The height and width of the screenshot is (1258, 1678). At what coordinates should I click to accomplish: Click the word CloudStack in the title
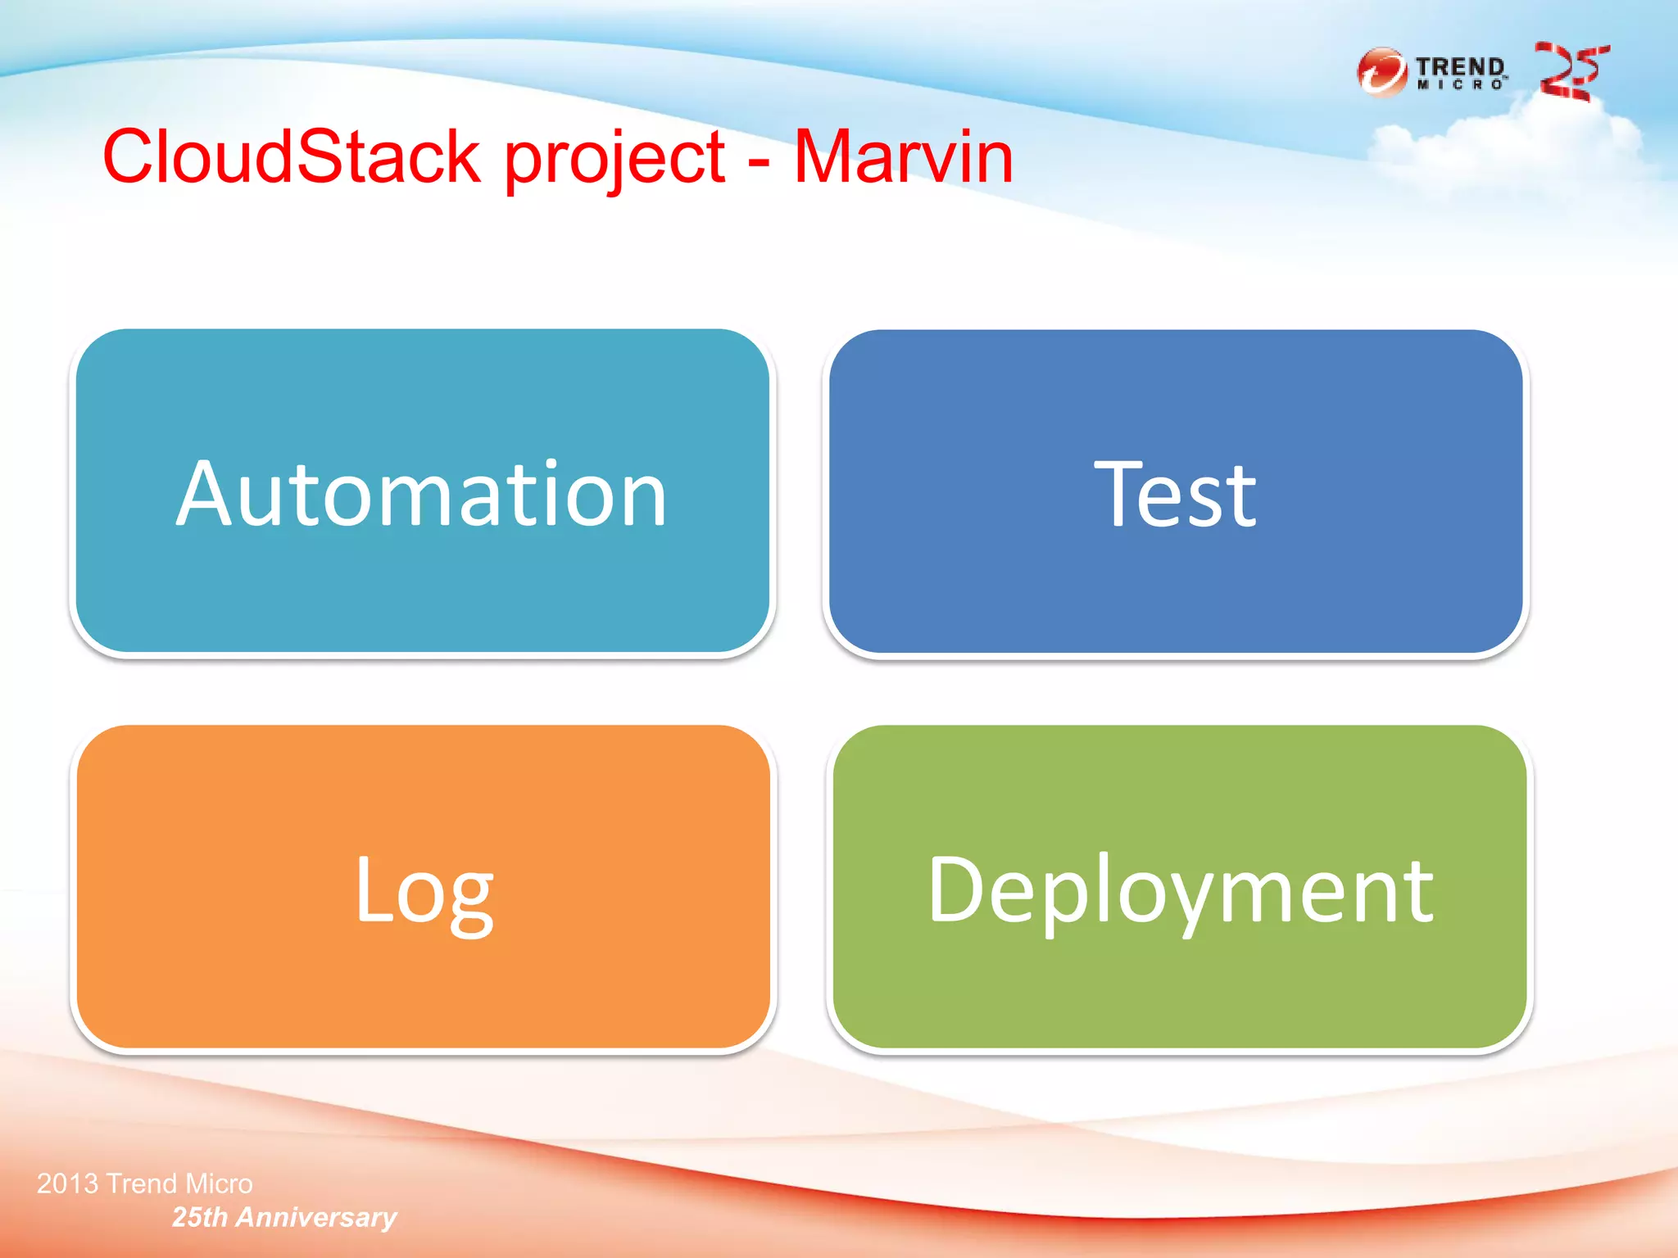[x=291, y=157]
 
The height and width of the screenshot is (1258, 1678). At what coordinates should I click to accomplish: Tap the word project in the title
[x=615, y=161]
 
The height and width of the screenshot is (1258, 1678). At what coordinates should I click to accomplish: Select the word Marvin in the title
[x=904, y=157]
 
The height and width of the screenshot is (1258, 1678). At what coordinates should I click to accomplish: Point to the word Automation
[x=422, y=494]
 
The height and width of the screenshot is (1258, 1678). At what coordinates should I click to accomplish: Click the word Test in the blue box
[x=1175, y=494]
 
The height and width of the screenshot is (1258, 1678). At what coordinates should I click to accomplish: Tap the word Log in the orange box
[x=424, y=891]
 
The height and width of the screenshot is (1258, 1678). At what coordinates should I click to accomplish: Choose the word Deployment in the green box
[x=1180, y=891]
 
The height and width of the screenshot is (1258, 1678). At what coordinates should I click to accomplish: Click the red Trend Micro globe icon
[x=1381, y=72]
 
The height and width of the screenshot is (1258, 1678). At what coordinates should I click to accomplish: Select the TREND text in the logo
[x=1460, y=66]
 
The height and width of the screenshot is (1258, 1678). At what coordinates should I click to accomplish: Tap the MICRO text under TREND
[x=1460, y=85]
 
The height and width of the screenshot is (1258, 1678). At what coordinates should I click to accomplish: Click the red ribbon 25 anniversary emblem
[x=1571, y=72]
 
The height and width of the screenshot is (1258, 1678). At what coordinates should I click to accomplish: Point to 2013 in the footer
[x=68, y=1183]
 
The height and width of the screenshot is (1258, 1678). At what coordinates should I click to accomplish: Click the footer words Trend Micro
[x=179, y=1183]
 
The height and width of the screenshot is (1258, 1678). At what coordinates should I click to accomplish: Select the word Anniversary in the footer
[x=316, y=1218]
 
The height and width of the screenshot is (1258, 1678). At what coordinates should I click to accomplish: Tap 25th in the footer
[x=199, y=1218]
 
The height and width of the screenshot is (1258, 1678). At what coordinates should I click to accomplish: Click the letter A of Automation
[x=206, y=494]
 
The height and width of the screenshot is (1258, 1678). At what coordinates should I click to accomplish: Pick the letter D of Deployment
[x=955, y=889]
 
